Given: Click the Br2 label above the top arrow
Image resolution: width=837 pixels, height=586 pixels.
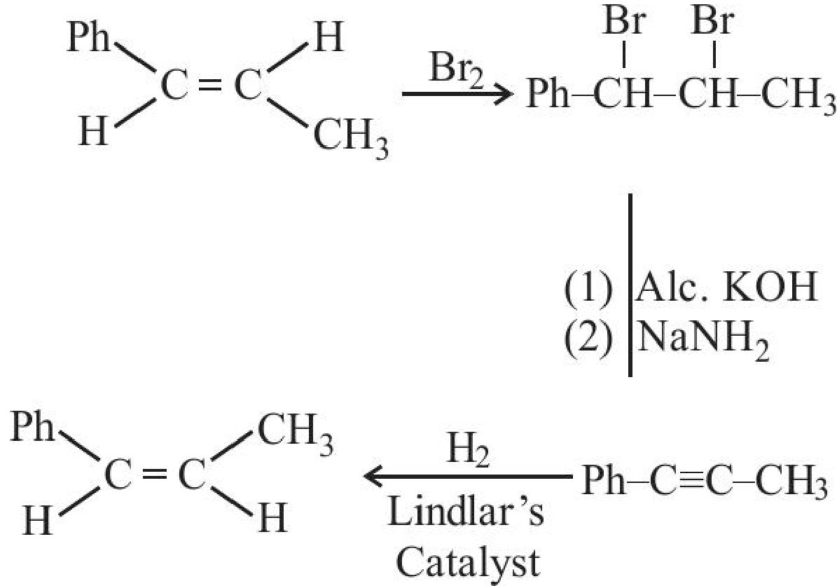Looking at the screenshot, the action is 457,70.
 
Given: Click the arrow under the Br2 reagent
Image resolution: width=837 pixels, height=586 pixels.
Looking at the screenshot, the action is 457,95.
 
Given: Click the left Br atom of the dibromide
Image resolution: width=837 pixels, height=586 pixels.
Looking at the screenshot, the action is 625,23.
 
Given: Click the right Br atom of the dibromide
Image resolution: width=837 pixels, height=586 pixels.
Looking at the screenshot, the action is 712,23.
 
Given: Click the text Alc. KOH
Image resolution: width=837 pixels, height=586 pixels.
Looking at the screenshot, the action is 726,287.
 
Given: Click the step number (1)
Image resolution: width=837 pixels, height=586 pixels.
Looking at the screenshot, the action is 588,288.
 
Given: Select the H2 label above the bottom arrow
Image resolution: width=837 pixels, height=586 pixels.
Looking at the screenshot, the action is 469,451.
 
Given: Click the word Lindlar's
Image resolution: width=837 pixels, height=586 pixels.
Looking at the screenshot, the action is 466,511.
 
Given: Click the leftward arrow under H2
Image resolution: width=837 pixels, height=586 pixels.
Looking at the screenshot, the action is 466,475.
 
